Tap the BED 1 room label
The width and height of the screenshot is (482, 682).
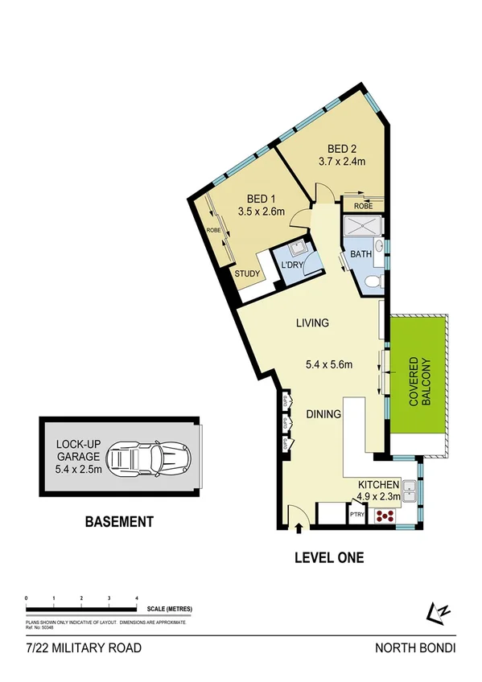[x=257, y=199]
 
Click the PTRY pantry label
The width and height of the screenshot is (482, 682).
[x=356, y=515]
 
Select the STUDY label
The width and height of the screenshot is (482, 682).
[x=247, y=274]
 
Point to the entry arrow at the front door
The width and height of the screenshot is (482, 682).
[x=300, y=528]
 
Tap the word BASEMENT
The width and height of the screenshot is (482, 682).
[x=119, y=522]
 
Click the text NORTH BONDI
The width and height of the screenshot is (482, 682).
[x=414, y=648]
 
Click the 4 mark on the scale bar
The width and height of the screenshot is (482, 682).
[x=136, y=599]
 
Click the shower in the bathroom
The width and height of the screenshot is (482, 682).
[x=362, y=228]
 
